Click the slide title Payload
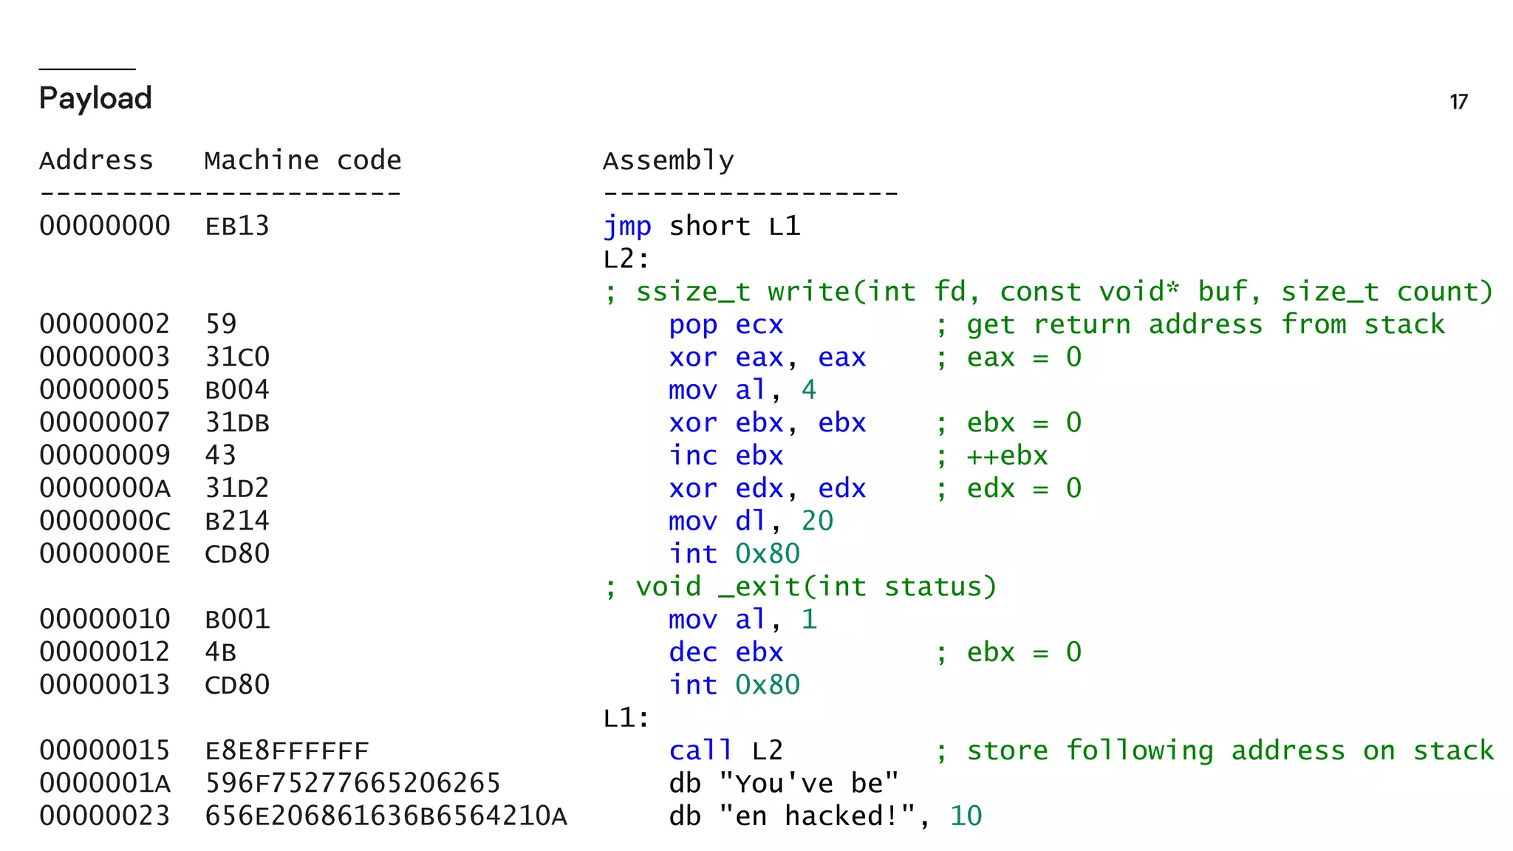pos(95,98)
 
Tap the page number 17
pos(1458,102)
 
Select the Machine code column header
pos(302,160)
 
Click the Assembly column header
pos(668,160)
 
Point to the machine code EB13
pos(237,226)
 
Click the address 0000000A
pos(105,488)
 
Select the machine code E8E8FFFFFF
pos(287,751)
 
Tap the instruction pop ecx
pos(725,324)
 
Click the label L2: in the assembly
pos(626,259)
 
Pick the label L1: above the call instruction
pos(626,718)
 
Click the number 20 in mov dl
pos(817,521)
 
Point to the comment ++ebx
pos(1007,456)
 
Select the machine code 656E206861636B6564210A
pos(386,816)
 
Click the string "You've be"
pos(808,783)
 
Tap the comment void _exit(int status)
pos(816,587)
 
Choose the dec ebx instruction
pos(725,652)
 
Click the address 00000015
pos(105,751)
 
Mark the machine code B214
pos(237,521)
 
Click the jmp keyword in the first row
pos(627,226)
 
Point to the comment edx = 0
pos(1023,488)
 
